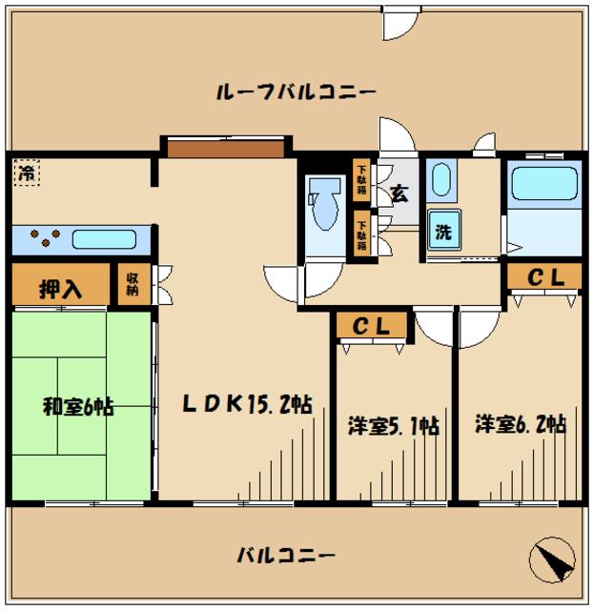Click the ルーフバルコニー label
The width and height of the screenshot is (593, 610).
[296, 92]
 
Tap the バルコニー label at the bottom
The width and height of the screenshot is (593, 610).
[285, 554]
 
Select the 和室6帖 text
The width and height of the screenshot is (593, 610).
[78, 406]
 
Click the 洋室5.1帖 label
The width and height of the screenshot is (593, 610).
[393, 426]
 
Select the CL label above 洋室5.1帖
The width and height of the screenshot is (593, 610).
[373, 326]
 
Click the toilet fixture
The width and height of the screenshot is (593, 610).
[323, 203]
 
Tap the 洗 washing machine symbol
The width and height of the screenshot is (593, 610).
[443, 230]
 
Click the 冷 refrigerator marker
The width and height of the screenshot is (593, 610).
[27, 173]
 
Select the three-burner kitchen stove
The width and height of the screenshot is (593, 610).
[43, 237]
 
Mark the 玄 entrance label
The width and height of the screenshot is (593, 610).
[399, 193]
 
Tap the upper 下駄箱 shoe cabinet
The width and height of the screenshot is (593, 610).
[362, 179]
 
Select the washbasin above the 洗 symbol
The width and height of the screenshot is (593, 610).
[441, 179]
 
